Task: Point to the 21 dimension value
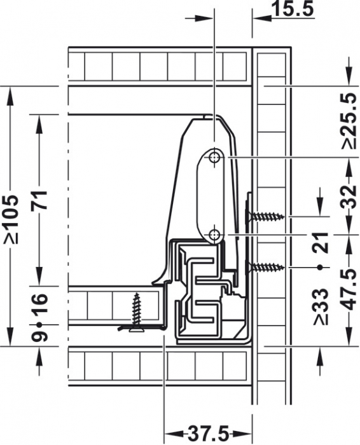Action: coord(321,243)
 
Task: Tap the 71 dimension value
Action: coord(39,201)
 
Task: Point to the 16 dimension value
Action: coord(39,305)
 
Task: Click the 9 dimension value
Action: coord(39,336)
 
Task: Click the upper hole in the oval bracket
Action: coord(215,156)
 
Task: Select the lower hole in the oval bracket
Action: coord(215,235)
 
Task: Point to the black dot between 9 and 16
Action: coord(39,324)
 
